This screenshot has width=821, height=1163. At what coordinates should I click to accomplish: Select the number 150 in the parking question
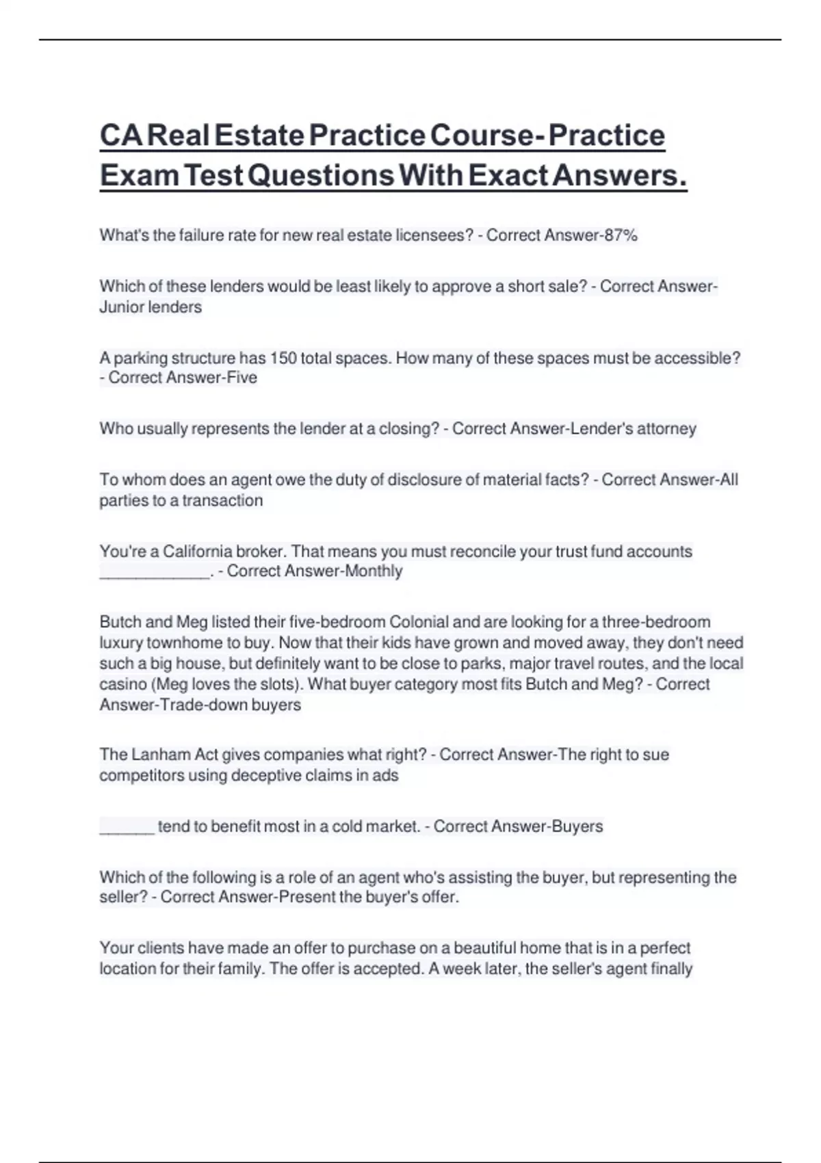[x=283, y=358]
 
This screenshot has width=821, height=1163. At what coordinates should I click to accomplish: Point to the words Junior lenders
[x=151, y=307]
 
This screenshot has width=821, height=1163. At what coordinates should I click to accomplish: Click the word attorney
[x=666, y=429]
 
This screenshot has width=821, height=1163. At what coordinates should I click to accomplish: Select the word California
[x=197, y=551]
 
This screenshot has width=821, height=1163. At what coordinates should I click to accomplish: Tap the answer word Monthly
[x=374, y=571]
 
